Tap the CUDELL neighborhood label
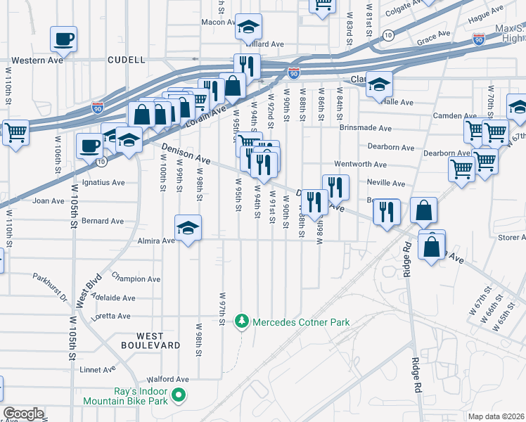127,60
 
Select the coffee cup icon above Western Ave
63,38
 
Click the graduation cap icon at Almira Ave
188,229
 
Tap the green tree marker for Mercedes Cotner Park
242,321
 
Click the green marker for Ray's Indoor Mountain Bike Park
179,396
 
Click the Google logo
23,413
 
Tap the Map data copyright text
496,416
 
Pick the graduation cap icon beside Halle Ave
379,85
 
